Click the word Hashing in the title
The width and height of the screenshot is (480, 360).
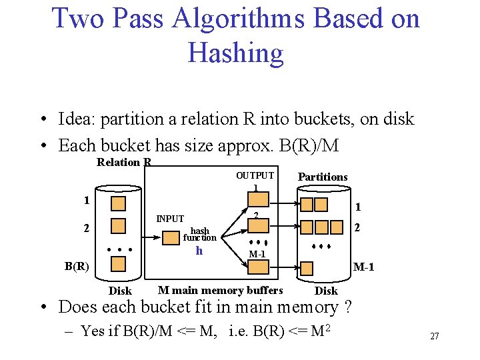pos(236,53)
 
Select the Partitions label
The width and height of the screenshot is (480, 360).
pos(323,177)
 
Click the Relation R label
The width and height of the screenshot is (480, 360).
pos(124,163)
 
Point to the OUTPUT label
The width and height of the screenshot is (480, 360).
pos(255,175)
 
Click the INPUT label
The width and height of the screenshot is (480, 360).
pos(170,219)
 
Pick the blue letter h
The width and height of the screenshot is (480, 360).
pos(199,251)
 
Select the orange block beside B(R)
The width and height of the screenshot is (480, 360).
pos(119,264)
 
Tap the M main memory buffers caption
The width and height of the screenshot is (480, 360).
pos(220,290)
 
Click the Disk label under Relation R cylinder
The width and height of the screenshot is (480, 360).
pos(120,291)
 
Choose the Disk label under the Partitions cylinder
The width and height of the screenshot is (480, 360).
pos(326,291)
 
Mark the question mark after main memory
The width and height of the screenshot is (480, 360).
pos(349,307)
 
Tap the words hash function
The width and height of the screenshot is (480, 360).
pos(199,234)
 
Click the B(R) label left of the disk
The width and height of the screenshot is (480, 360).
pos(77,266)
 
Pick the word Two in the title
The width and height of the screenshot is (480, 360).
pos(79,18)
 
